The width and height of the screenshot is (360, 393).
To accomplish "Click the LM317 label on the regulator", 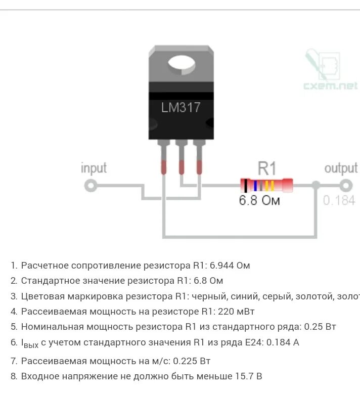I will pos(181,107).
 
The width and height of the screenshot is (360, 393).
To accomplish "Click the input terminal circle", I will pos(90,186).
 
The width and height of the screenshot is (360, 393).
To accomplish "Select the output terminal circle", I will pos(345,185).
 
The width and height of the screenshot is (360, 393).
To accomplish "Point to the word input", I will pos(94,168).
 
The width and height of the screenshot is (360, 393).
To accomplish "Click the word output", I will pos(341,168).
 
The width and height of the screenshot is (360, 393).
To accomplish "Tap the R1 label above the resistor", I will pos(267,168).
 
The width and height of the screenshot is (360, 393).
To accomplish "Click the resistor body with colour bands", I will pos(266,185).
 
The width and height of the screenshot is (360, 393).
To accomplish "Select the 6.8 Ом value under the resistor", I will pos(259,200).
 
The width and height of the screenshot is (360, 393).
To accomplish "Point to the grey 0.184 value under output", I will pos(339,200).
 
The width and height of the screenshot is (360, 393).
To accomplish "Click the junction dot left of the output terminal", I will pos(316,185).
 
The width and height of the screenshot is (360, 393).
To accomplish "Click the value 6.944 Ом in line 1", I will pos(230,266).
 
